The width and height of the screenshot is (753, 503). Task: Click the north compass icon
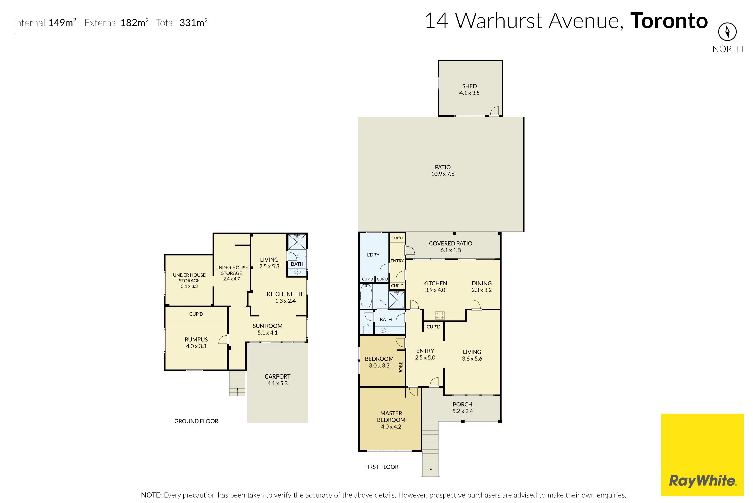click(x=727, y=32)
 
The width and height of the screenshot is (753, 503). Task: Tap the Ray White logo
click(x=702, y=455)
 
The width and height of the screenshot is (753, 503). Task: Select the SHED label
click(x=469, y=86)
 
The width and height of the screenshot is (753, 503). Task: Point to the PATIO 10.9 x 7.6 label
click(x=443, y=171)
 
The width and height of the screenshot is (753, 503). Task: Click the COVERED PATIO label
click(x=450, y=244)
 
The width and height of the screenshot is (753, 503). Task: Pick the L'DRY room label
click(x=373, y=255)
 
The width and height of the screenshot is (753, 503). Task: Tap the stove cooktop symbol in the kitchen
click(x=440, y=315)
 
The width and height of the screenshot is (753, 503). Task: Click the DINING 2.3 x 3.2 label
click(x=482, y=287)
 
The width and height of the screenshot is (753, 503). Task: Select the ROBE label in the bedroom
click(x=401, y=367)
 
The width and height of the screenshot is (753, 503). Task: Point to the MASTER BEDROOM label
click(x=391, y=417)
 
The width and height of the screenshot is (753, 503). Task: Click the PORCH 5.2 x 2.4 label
click(x=463, y=408)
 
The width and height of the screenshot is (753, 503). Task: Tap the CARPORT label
click(x=277, y=376)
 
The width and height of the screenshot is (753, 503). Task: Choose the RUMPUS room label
click(x=196, y=340)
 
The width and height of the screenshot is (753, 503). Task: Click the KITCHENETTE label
click(x=285, y=294)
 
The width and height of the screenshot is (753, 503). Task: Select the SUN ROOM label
click(x=267, y=326)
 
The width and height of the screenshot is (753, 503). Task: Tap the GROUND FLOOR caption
click(x=196, y=421)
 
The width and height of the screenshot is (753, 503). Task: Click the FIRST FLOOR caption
click(x=381, y=467)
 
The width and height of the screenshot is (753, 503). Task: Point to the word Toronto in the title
click(x=669, y=21)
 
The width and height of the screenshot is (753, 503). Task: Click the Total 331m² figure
click(x=182, y=23)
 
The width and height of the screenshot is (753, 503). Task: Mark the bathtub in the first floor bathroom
click(x=366, y=296)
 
